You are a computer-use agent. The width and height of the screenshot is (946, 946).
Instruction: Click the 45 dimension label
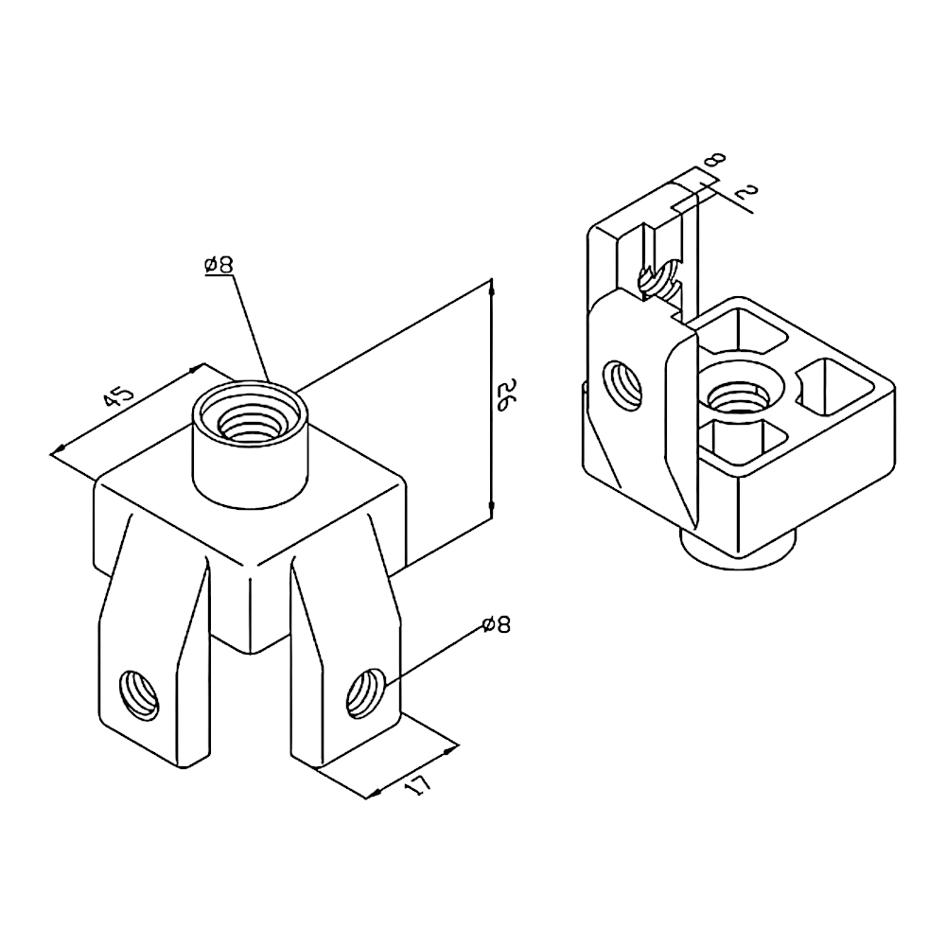pyautogui.click(x=117, y=397)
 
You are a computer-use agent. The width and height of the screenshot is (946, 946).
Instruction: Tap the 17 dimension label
pyautogui.click(x=418, y=785)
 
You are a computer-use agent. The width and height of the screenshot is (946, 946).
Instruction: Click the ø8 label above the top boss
pyautogui.click(x=219, y=265)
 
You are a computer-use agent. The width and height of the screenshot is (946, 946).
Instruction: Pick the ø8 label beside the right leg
pyautogui.click(x=497, y=625)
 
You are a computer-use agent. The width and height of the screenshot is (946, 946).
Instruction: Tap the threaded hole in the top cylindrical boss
pyautogui.click(x=249, y=422)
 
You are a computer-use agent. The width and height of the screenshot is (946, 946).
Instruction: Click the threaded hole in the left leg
pyautogui.click(x=140, y=695)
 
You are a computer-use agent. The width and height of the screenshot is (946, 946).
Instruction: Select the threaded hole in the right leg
pyautogui.click(x=365, y=693)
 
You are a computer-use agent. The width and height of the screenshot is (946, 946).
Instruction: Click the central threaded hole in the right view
pyautogui.click(x=740, y=399)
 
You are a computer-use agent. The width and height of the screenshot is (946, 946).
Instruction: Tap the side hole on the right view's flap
pyautogui.click(x=623, y=385)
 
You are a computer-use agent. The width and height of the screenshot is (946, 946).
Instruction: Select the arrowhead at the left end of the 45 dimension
pyautogui.click(x=59, y=449)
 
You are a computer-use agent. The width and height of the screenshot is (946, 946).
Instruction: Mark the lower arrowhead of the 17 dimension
pyautogui.click(x=374, y=793)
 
